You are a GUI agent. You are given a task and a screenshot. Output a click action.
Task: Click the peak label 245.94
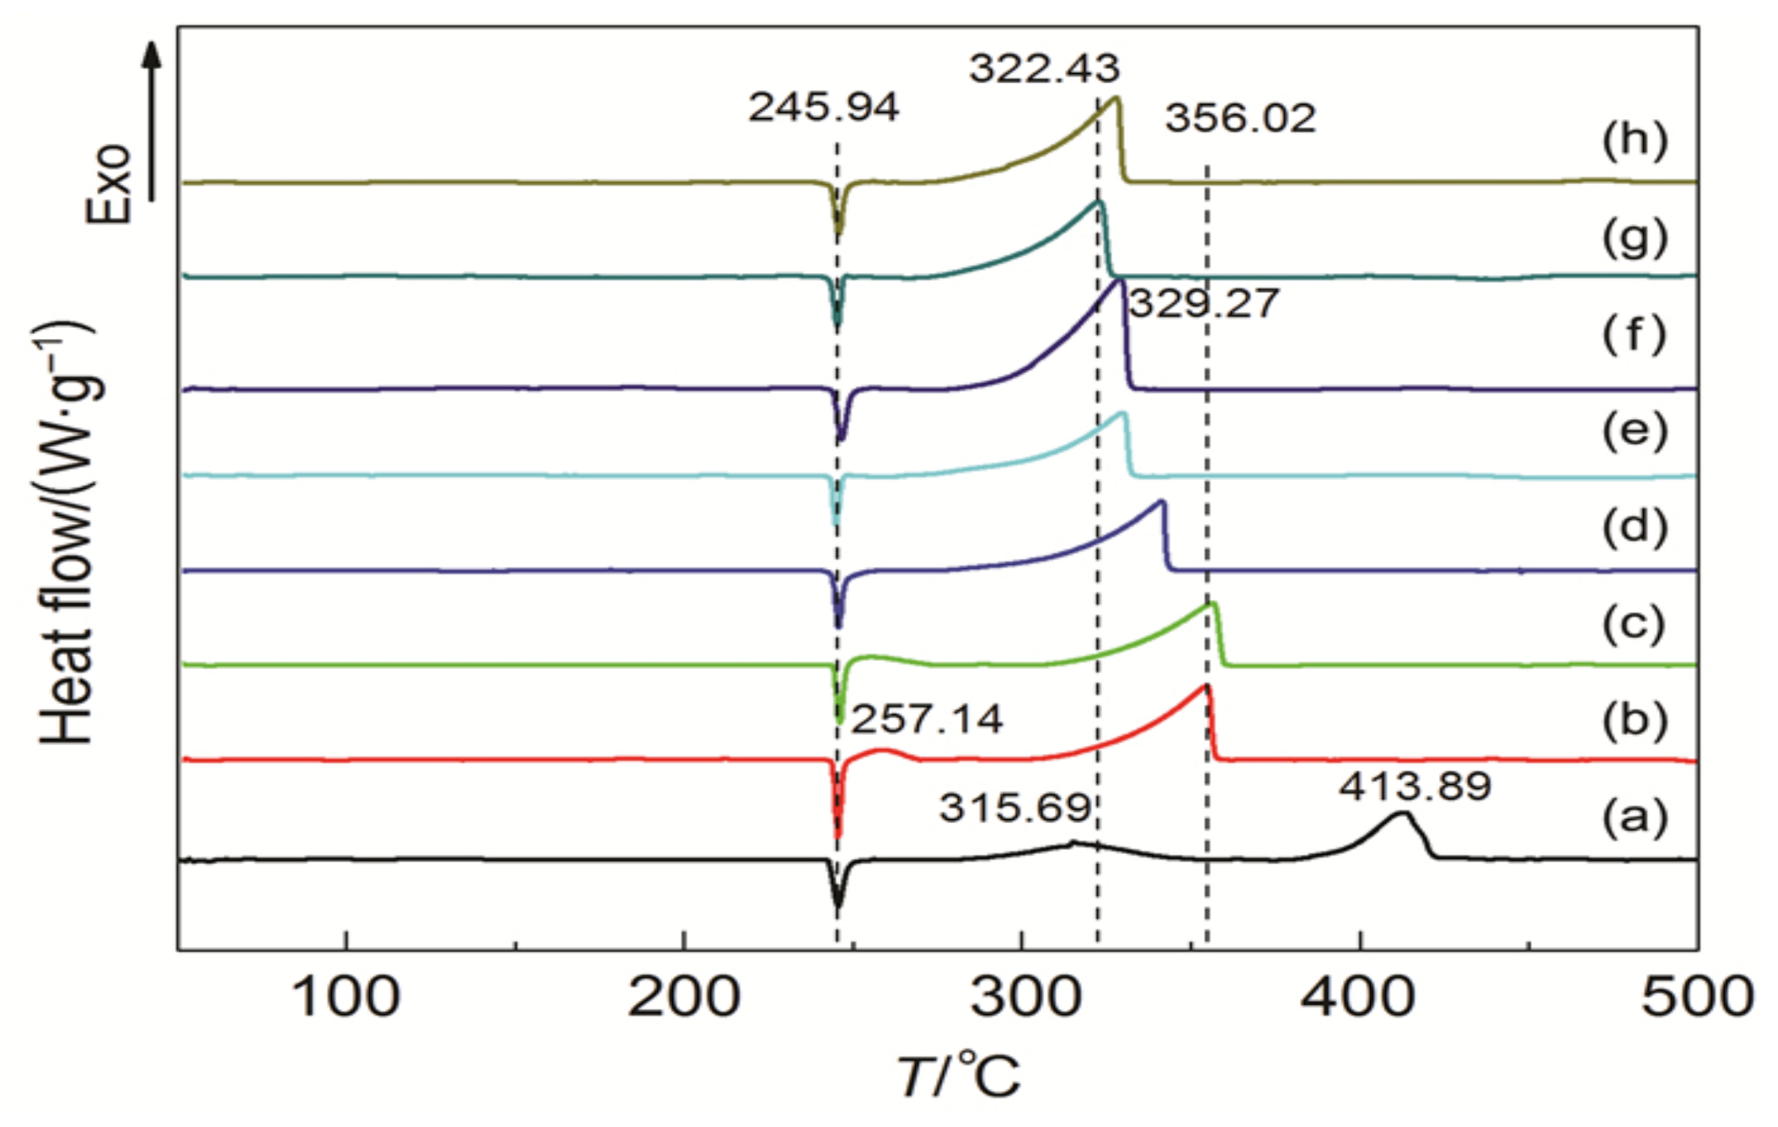(x=824, y=107)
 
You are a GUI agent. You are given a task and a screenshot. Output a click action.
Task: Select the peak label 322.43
(x=1044, y=69)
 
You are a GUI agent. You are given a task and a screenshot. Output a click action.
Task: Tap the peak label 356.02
(x=1241, y=119)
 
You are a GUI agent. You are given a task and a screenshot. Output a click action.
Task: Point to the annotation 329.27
(x=1204, y=303)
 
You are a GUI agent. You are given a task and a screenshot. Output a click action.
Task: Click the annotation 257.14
(x=927, y=719)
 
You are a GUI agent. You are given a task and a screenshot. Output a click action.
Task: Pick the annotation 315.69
(x=1015, y=809)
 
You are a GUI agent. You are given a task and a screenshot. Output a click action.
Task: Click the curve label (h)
(x=1634, y=141)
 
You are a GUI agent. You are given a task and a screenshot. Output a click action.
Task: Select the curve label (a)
(x=1634, y=817)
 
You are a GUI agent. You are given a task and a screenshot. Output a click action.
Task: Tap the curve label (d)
(x=1634, y=527)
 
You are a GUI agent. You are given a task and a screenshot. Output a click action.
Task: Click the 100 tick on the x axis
(x=346, y=998)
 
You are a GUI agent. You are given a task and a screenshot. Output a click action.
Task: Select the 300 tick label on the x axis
(x=1024, y=998)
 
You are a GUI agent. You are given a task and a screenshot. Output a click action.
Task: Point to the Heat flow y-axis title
(x=67, y=532)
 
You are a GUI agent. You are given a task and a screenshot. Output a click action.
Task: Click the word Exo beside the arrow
(x=109, y=184)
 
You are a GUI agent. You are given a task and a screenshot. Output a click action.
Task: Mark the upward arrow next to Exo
(x=152, y=119)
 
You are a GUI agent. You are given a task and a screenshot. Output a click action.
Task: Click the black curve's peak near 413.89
(x=1402, y=814)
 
